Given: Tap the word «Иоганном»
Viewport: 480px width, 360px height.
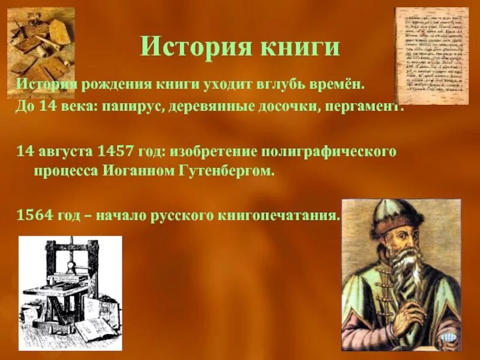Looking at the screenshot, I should (140, 171).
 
